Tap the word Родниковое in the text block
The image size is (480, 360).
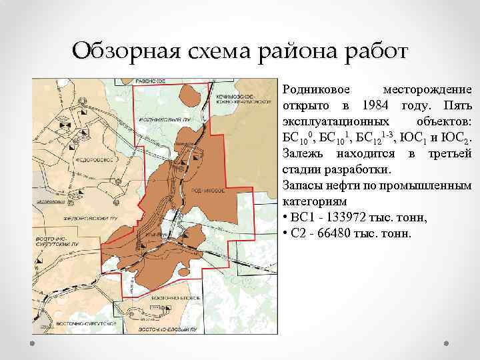pyautogui.click(x=311, y=90)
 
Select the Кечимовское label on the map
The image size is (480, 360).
pyautogui.click(x=233, y=97)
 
